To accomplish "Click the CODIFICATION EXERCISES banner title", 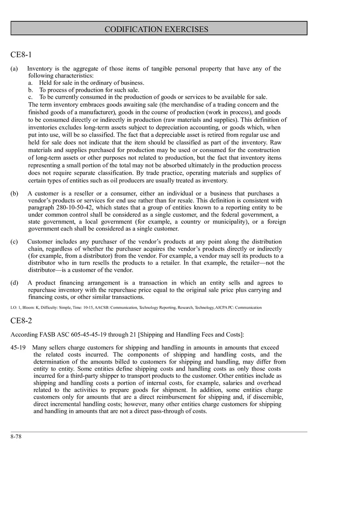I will coord(156,29).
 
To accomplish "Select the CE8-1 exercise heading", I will coord(21,55).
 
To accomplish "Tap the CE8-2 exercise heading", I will coord(21,321).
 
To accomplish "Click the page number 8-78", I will coord(16,436).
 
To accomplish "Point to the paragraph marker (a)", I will coord(14,69).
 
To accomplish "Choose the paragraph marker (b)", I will coord(14,193).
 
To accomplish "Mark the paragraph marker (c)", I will coord(14,242).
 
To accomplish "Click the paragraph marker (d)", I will coord(14,283).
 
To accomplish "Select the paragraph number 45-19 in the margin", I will coord(18,348).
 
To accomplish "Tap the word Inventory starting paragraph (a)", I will coord(39,69).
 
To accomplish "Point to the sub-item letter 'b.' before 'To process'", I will coord(31,90).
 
